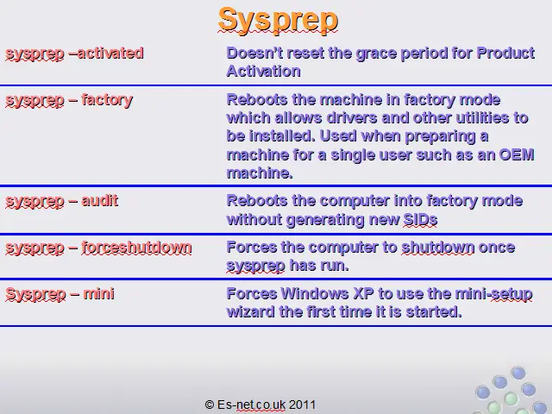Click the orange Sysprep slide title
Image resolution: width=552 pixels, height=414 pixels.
(x=278, y=21)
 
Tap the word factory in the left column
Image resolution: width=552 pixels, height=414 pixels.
(x=107, y=100)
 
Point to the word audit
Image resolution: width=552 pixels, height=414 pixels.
(x=100, y=201)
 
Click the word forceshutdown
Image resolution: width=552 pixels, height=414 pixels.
(x=136, y=248)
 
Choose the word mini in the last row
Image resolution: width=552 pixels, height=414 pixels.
(x=99, y=293)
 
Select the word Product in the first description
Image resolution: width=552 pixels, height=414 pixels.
(x=505, y=53)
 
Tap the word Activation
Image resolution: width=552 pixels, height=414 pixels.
(x=264, y=71)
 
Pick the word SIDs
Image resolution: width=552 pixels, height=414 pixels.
(x=420, y=220)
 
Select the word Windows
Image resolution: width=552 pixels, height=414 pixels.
(x=315, y=293)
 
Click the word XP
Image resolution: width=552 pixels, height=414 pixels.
(x=363, y=293)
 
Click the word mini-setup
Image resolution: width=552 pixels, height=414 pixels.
(x=493, y=294)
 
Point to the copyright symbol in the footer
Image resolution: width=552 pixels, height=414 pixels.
(x=210, y=405)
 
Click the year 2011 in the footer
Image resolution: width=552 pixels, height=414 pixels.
(x=302, y=405)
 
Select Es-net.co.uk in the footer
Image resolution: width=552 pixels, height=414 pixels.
(x=251, y=405)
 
